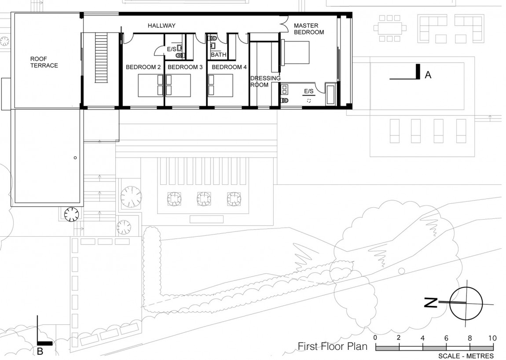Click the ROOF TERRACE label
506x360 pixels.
44,62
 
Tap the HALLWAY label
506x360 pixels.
161,26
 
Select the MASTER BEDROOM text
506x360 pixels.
309,29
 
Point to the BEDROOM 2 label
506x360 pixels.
143,67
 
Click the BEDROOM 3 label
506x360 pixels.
185,67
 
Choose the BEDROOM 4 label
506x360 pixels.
229,67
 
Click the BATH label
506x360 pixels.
218,55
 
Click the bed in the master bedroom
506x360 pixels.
296,52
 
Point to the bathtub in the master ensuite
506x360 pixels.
331,93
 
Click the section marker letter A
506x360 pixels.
428,76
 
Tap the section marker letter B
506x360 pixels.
40,351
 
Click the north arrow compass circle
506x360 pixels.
466,303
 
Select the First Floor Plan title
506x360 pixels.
333,346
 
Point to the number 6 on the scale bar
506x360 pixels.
446,338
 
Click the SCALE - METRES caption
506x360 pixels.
466,356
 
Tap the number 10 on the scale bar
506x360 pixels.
492,338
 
